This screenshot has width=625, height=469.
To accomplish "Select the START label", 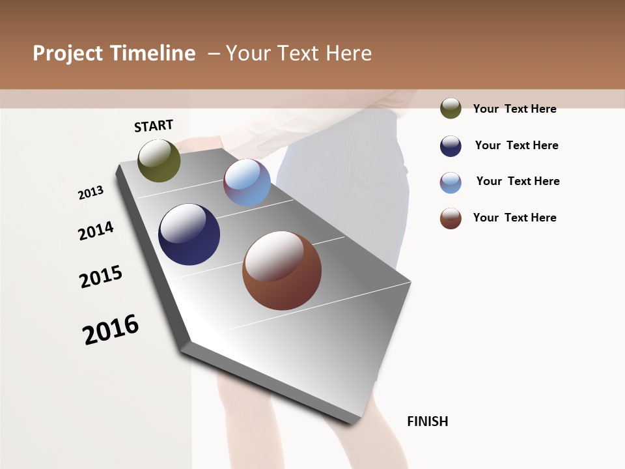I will (154, 126).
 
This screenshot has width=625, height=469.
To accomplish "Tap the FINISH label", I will (428, 421).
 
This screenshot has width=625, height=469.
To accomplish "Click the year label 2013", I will (90, 192).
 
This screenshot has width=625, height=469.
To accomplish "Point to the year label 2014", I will (96, 231).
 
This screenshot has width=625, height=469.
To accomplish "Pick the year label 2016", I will (111, 329).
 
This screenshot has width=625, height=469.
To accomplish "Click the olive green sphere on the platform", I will (159, 160).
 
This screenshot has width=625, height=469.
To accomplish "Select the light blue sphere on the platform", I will (247, 182).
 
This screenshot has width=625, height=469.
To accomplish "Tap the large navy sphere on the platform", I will (189, 234).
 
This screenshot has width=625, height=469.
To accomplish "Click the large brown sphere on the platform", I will (282, 270).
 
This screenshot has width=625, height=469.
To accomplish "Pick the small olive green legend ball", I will (451, 109).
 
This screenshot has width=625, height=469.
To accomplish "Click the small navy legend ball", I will (451, 146).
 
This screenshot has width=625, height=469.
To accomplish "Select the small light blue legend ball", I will (451, 182).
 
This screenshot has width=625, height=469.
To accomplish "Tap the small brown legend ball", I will (451, 218).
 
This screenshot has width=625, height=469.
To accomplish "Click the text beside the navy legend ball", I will (516, 145).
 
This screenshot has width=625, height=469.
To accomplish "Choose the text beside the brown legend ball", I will (514, 218).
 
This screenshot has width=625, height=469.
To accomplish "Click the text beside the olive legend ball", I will (514, 109).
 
